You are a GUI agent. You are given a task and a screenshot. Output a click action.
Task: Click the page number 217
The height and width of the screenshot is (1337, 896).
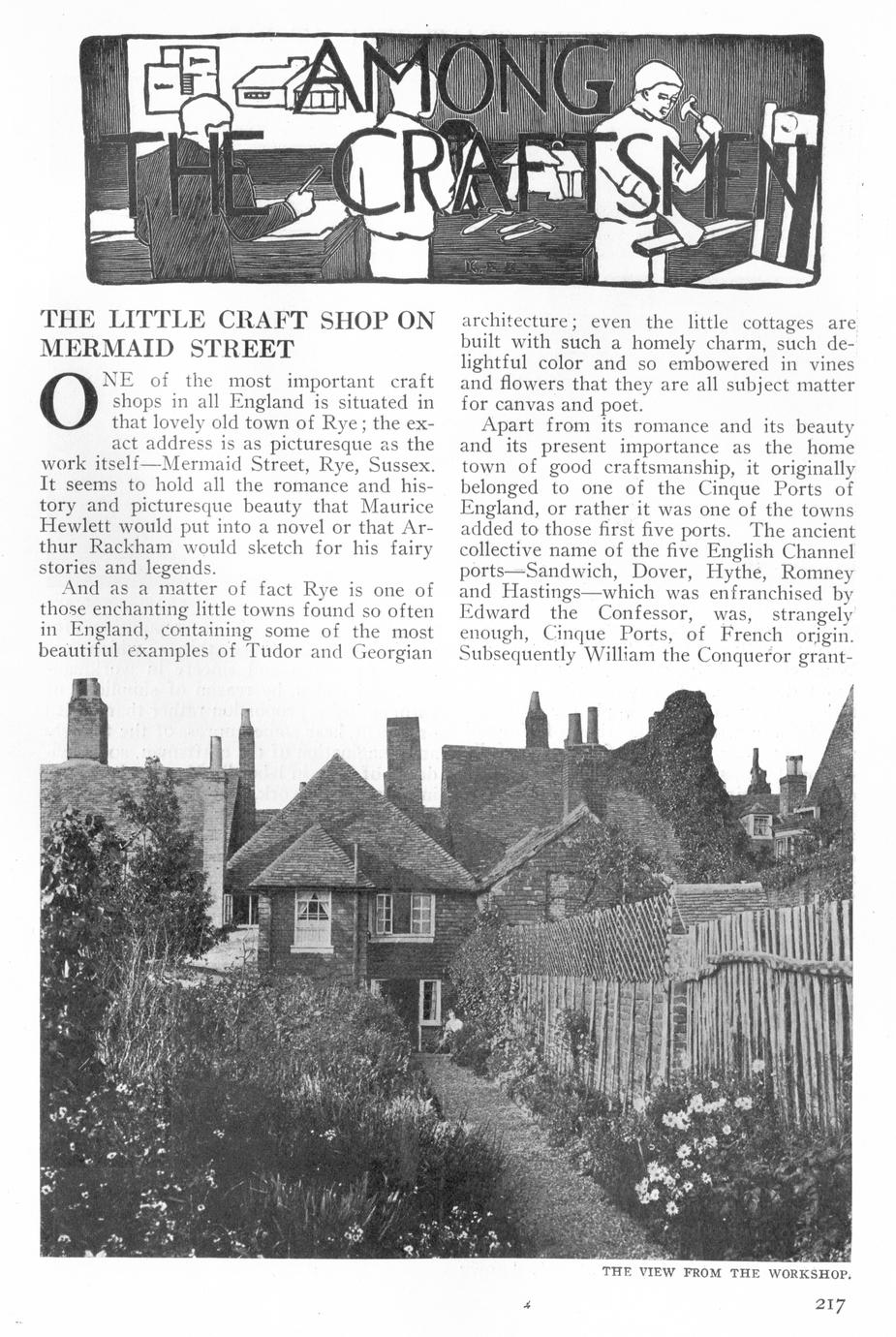(829, 1304)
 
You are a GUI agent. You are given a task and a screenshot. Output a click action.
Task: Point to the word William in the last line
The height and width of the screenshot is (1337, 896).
(620, 654)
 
